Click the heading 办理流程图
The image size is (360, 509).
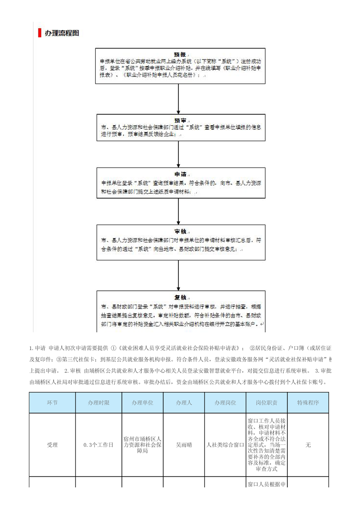(62, 33)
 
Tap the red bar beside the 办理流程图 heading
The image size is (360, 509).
(40, 33)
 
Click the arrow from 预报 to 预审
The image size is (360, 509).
(180, 98)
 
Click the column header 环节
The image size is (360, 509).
(52, 402)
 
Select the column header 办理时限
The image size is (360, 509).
(99, 402)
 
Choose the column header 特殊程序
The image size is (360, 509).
(308, 402)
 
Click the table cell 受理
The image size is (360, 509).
(52, 445)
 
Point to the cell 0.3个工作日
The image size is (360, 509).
(99, 445)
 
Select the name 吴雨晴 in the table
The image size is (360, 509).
(184, 445)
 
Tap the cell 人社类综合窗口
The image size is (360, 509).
(225, 445)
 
